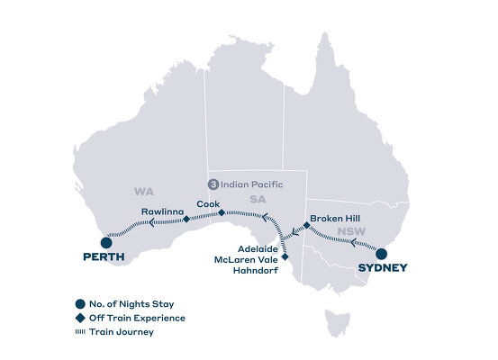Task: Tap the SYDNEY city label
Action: pos(382,267)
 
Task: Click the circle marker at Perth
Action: pos(106,241)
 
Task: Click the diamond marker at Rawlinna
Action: pos(185,219)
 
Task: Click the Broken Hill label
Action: pos(335,218)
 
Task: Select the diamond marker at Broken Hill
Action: pos(306,227)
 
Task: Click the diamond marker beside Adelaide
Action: pos(285,256)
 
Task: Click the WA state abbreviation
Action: pos(143,191)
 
